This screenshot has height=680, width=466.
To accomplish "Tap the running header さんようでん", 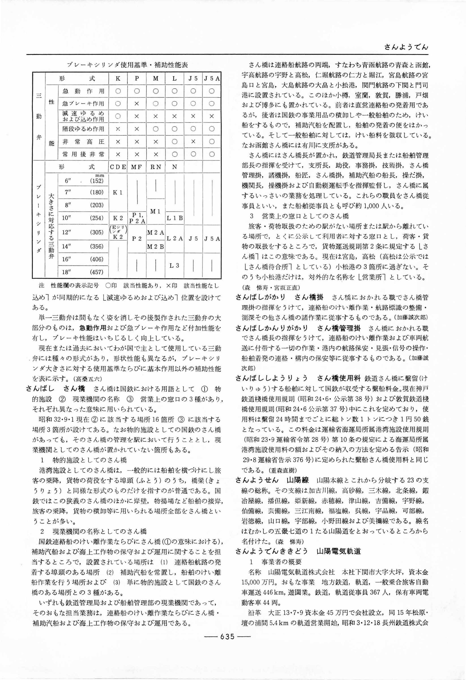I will pyautogui.click(x=406, y=47).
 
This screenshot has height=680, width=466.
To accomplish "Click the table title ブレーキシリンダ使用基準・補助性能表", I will pyautogui.click(x=127, y=65).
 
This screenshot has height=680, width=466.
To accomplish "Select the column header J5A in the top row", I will pyautogui.click(x=212, y=78).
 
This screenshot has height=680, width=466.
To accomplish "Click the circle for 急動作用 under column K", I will pyautogui.click(x=118, y=91).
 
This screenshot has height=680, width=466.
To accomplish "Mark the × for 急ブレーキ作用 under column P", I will pyautogui.click(x=137, y=104).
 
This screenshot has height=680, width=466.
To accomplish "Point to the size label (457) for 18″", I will pyautogui.click(x=97, y=272).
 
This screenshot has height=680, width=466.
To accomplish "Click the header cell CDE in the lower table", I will pyautogui.click(x=118, y=167).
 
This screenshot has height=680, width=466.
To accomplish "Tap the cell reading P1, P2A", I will pyautogui.click(x=137, y=218).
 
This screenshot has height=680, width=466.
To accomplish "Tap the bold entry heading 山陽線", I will pyautogui.click(x=298, y=480).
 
